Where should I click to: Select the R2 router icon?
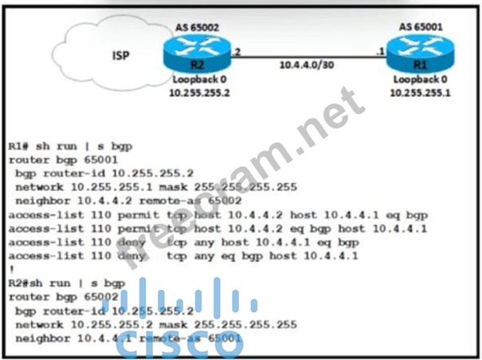pyautogui.click(x=198, y=56)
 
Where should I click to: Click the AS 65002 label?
pyautogui.click(x=198, y=27)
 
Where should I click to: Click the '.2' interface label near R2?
pyautogui.click(x=237, y=49)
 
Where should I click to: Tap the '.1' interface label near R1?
pyautogui.click(x=380, y=49)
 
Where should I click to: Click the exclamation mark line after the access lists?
pyautogui.click(x=10, y=268)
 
